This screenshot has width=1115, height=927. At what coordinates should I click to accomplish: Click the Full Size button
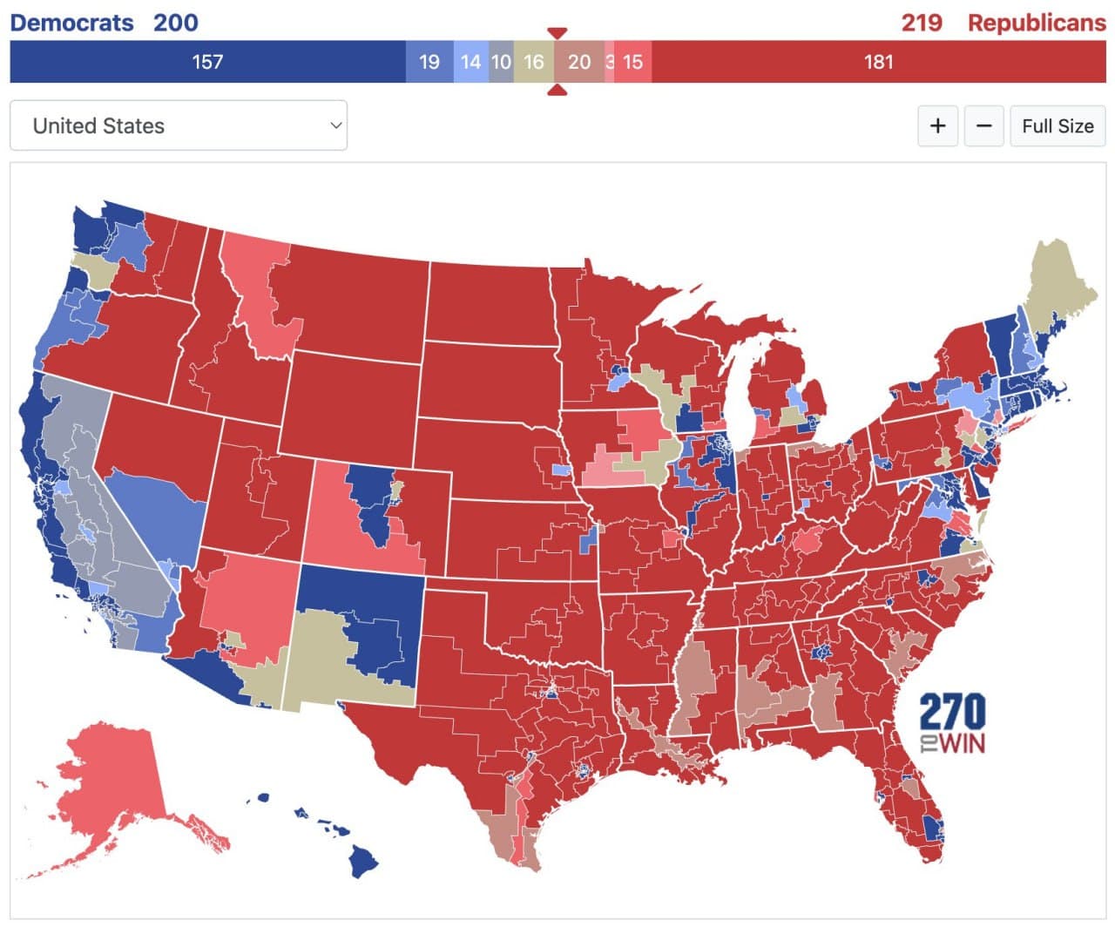point(1058,125)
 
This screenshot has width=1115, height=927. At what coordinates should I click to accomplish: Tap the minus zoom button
point(983,125)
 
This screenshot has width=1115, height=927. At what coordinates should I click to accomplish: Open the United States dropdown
point(179,125)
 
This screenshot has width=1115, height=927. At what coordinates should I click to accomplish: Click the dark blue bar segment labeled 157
point(207,62)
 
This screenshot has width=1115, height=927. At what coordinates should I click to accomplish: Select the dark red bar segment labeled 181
point(878,62)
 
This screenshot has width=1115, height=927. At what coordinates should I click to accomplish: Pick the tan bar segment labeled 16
point(533,62)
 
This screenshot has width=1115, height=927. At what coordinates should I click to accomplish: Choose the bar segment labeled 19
point(429,62)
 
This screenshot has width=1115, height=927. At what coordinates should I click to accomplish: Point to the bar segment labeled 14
point(470,62)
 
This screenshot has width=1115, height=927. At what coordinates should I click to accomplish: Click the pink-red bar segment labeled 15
point(633,62)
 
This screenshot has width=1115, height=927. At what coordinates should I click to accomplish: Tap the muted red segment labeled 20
point(579,62)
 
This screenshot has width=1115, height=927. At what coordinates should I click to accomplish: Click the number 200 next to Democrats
point(175,22)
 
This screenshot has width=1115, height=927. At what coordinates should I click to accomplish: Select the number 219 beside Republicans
point(922,22)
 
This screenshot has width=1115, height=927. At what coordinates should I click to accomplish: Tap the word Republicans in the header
point(1037,22)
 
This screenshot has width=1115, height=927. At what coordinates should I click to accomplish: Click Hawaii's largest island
point(363,863)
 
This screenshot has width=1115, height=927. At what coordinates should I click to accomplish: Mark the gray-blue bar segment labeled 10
point(501,62)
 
